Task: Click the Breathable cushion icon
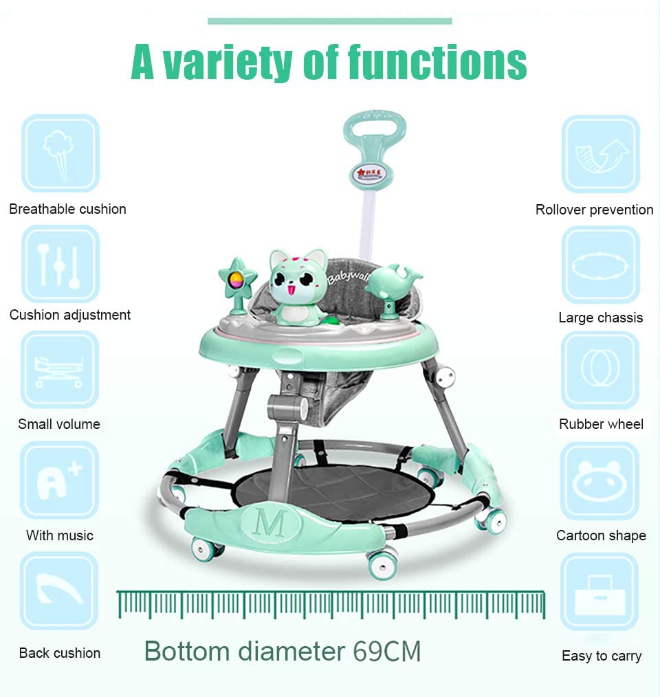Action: (60, 153)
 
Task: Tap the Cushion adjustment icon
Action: (60, 265)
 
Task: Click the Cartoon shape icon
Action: (601, 481)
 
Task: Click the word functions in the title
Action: (437, 63)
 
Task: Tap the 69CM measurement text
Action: (386, 651)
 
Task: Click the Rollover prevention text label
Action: (594, 210)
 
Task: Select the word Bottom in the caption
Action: (187, 651)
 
